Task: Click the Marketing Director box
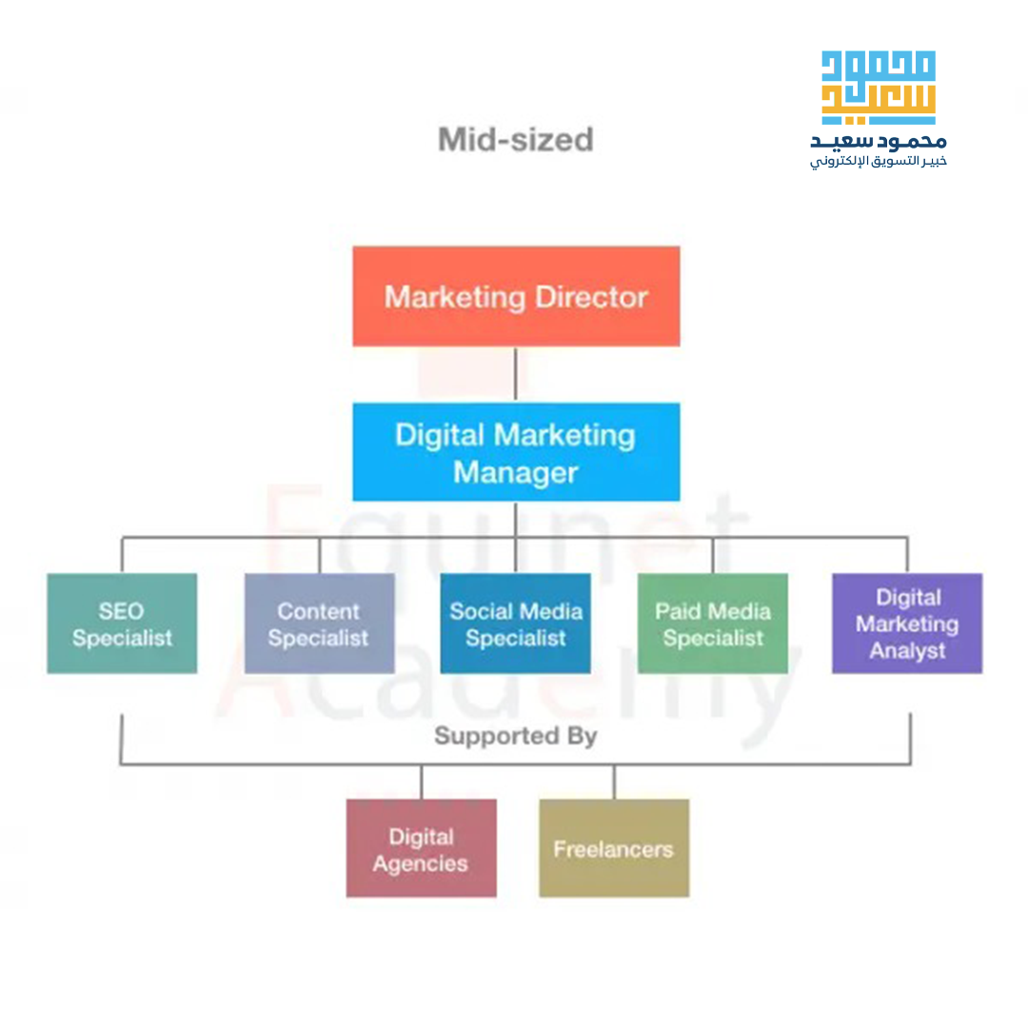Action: [516, 296]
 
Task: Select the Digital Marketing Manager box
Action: [516, 452]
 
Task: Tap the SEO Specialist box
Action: [122, 623]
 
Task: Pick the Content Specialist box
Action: [319, 623]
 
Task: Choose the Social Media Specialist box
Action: [515, 623]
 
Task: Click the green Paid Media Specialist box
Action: [712, 623]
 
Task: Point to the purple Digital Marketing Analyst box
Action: [906, 623]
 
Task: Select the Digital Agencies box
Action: [421, 848]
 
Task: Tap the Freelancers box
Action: [614, 848]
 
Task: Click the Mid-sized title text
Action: [515, 140]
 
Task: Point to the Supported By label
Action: [515, 736]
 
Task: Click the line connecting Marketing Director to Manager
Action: [516, 374]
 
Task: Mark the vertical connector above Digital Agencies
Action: [421, 782]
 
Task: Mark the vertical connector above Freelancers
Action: [614, 782]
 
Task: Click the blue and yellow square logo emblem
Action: [878, 88]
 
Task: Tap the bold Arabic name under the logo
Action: [878, 142]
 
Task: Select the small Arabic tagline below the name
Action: [878, 162]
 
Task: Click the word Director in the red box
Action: [591, 297]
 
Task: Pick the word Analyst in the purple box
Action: [906, 652]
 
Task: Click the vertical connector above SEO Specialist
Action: [122, 556]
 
